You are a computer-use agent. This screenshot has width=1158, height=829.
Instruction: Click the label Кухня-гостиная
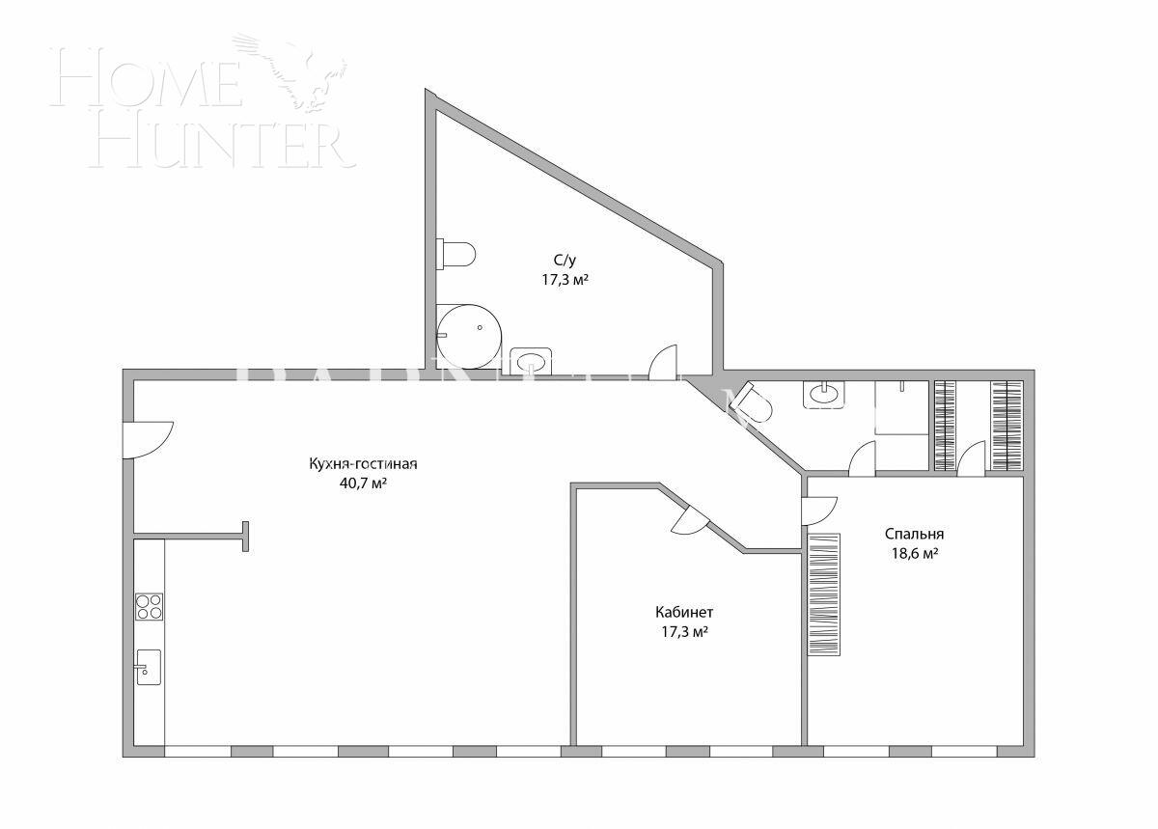tap(363, 463)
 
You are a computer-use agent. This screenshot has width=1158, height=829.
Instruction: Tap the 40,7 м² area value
tap(363, 484)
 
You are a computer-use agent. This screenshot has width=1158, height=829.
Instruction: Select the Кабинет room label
tap(684, 612)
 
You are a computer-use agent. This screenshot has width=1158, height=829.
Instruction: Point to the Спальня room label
tap(914, 534)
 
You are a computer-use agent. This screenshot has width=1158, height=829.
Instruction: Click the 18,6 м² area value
tap(914, 554)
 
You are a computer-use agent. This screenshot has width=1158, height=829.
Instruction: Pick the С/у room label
tap(565, 260)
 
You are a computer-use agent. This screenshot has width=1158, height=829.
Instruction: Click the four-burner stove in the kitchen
tap(149, 606)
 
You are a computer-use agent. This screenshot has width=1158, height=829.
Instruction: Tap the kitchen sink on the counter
tap(148, 667)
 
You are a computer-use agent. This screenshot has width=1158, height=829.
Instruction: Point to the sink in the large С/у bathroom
tap(531, 361)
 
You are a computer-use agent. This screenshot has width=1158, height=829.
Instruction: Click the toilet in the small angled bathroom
tap(755, 403)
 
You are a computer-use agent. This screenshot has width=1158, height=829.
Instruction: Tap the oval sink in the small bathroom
tap(823, 394)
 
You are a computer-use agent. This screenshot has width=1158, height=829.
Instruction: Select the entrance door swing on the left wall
tap(148, 439)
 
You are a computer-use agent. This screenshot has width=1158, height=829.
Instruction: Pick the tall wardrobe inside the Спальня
tap(823, 594)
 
